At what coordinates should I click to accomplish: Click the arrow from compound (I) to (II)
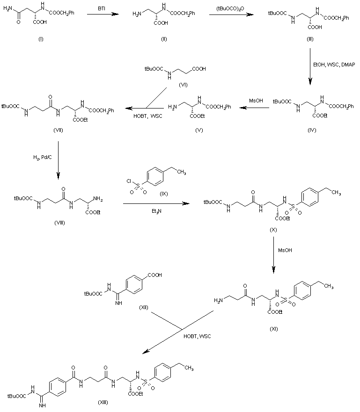102,16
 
